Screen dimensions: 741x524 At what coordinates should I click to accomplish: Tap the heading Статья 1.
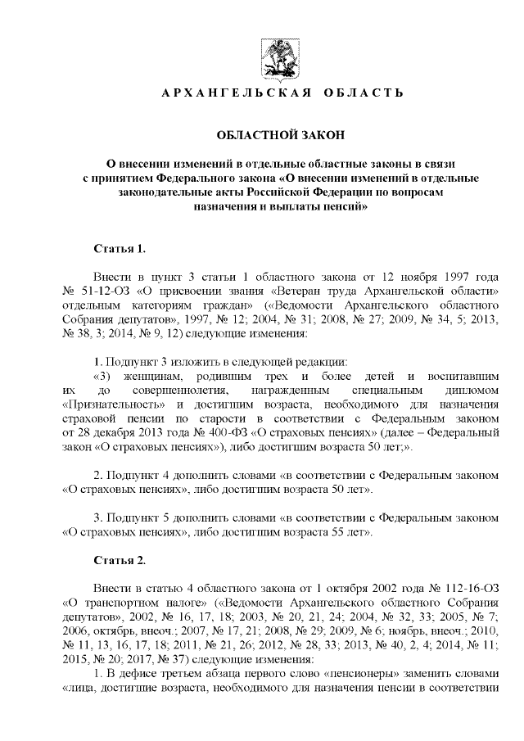(120, 246)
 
